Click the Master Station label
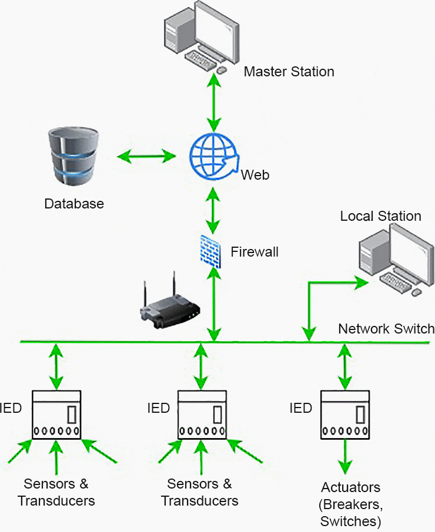pyautogui.click(x=289, y=72)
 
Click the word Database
pyautogui.click(x=74, y=204)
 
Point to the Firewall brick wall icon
pyautogui.click(x=210, y=251)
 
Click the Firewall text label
pyautogui.click(x=255, y=252)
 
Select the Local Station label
pyautogui.click(x=380, y=216)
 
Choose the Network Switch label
pyautogui.click(x=386, y=328)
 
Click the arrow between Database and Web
pyautogui.click(x=146, y=157)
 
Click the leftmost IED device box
pyautogui.click(x=56, y=414)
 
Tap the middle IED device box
pyautogui.click(x=202, y=414)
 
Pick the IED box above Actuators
pyautogui.click(x=346, y=414)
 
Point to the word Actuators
pyautogui.click(x=351, y=487)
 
